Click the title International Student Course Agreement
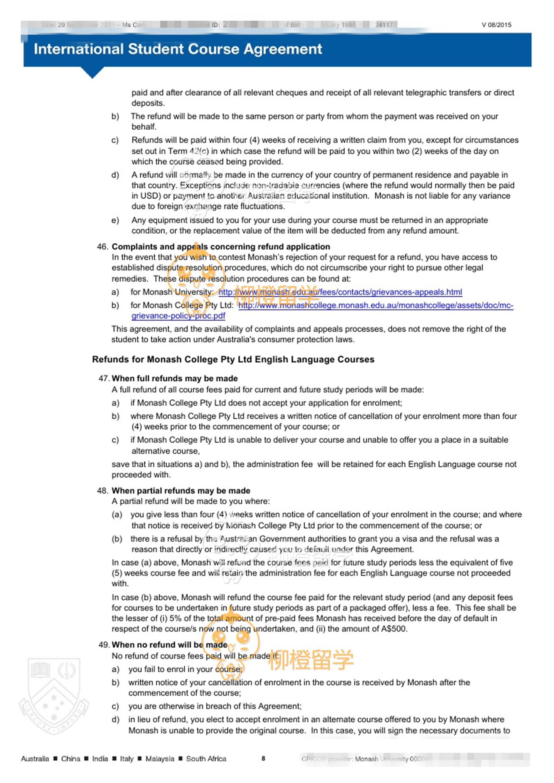pos(178,49)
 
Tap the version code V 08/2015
pos(496,25)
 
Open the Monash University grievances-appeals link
pos(340,292)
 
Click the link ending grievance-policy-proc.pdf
pos(178,316)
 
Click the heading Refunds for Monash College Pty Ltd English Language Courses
pos(233,359)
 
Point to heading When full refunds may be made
pos(175,378)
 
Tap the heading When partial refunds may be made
pos(181,491)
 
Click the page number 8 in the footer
pos(263,758)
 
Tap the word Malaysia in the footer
pos(159,759)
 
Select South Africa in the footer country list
pos(206,759)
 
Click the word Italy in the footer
pos(127,759)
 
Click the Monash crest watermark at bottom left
pos(54,696)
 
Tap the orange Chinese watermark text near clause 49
pos(311,660)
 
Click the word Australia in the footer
pos(35,759)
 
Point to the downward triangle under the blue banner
pos(92,73)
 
